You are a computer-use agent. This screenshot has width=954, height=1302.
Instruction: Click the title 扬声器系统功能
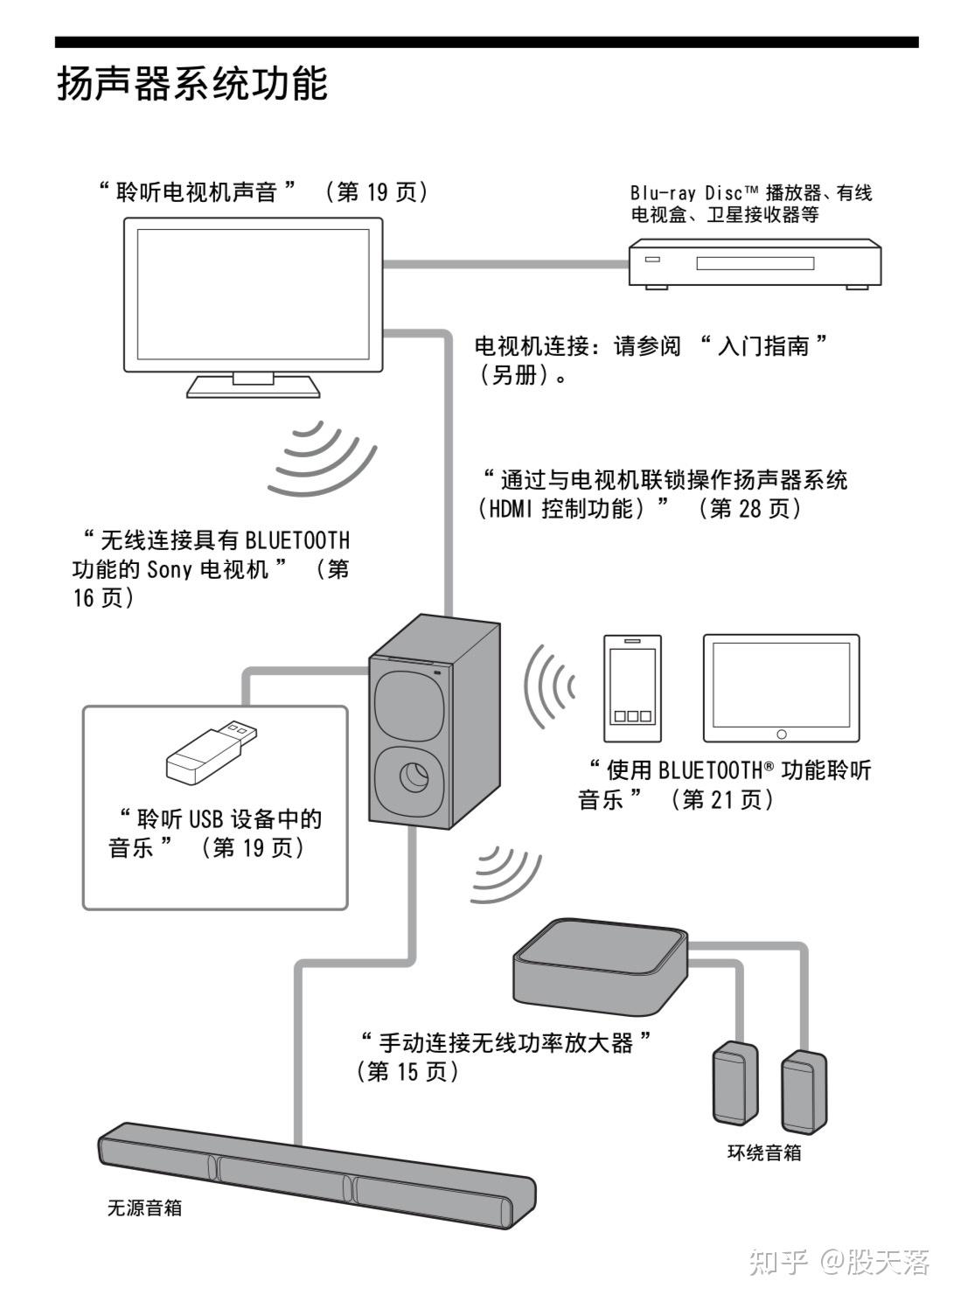coord(192,84)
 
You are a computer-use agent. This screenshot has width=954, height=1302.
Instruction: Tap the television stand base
coord(252,386)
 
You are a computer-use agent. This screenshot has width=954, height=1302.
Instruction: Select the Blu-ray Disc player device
coord(755,262)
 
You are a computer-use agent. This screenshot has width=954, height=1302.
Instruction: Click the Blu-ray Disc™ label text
coord(693,192)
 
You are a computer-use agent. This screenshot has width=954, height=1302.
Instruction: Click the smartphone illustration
coord(632,687)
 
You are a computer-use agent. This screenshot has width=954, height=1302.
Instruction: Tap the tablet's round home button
coord(781,734)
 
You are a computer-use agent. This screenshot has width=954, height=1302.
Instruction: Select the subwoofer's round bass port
coord(411,776)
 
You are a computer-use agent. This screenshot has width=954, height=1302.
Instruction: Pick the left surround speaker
coord(735,1083)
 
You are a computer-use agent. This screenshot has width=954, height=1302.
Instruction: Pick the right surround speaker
coord(803,1090)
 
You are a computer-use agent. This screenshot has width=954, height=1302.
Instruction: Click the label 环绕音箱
coord(764,1152)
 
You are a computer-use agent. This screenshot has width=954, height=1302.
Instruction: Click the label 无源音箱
coord(144,1208)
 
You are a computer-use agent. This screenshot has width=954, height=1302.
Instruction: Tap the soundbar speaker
coord(315,1177)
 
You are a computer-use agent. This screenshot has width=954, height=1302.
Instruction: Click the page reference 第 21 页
coord(721,799)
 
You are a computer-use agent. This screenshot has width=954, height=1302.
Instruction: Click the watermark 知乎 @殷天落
coord(839,1260)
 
